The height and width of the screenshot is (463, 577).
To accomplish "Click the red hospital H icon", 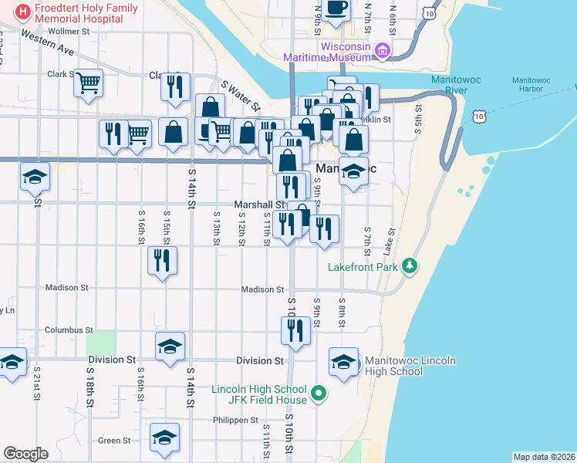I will click(23, 12).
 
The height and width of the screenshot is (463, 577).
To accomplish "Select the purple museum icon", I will click(383, 52).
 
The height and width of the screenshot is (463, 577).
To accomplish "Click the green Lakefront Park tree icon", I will click(410, 266).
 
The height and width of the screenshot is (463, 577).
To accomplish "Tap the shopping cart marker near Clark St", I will click(89, 81).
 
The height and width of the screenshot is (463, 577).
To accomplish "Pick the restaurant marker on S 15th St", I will click(162, 259).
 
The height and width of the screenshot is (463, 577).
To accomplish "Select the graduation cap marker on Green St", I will click(164, 438).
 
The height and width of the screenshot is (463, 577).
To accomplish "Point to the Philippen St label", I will click(236, 421).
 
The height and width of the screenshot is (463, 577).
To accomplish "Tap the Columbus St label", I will click(69, 330).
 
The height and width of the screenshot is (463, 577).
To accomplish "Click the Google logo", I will click(25, 454).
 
